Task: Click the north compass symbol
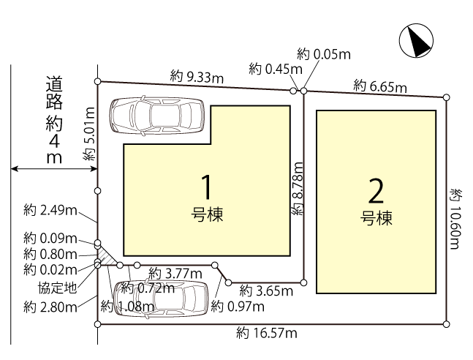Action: pos(416,41)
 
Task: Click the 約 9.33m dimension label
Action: pos(197,77)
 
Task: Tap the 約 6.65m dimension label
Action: pos(380,86)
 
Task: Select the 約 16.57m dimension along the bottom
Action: pos(267,333)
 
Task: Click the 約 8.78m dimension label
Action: pos(298,189)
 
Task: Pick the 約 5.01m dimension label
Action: pos(89,134)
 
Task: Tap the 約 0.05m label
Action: pos(324,54)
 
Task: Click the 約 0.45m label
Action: pos(276,70)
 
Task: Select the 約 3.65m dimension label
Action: pos(266,290)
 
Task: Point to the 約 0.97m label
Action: pos(238,307)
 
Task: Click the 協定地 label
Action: pos(57,288)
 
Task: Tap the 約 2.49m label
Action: pos(50,210)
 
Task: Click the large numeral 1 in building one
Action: pos(207,187)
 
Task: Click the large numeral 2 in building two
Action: pos(376,191)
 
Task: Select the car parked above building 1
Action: pos(157,115)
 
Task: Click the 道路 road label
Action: pos(54,93)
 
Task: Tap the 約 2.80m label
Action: pos(50,307)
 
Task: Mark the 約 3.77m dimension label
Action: pos(175,274)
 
